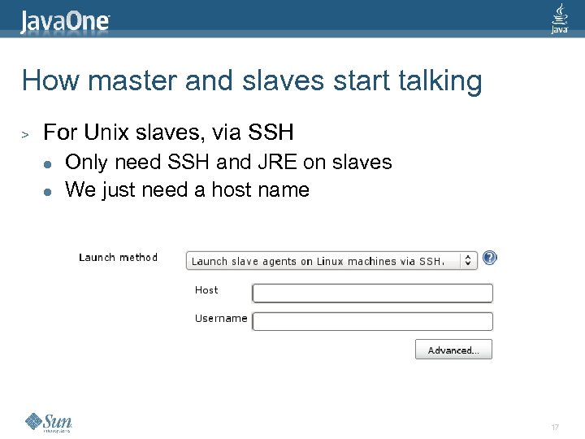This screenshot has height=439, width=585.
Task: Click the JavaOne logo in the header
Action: [66, 20]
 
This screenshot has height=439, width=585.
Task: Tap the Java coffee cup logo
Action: [560, 18]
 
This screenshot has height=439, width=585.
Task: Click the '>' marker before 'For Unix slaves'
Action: [25, 133]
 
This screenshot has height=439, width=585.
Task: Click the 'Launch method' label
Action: [118, 258]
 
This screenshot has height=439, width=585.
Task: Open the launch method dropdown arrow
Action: [469, 261]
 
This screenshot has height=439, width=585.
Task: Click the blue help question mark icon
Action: [490, 258]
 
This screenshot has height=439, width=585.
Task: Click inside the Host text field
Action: [372, 293]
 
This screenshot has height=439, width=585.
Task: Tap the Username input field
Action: [372, 321]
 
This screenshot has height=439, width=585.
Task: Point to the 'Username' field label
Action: [221, 319]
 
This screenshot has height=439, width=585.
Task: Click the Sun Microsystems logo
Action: [49, 421]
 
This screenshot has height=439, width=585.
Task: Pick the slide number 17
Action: [555, 428]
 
